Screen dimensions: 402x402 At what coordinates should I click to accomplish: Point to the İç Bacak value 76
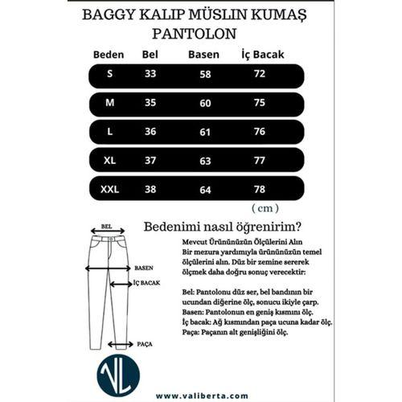pos(259,132)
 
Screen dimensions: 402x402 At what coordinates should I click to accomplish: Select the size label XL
pos(110,161)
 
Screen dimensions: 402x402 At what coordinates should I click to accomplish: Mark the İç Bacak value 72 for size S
pos(259,74)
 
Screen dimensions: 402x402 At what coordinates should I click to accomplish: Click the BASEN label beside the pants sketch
pos(144,267)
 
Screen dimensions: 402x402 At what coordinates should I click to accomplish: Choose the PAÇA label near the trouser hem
pos(145,343)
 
